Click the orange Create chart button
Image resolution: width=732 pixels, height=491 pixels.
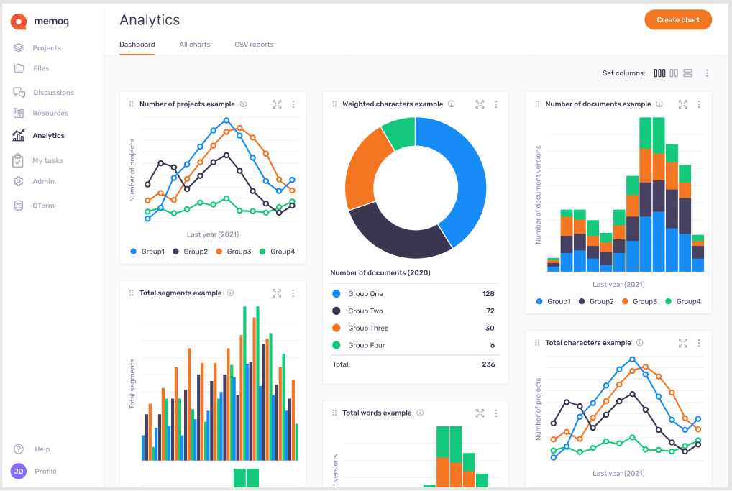click(677, 20)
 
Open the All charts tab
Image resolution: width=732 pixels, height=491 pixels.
click(195, 45)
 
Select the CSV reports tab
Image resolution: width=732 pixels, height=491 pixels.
click(254, 45)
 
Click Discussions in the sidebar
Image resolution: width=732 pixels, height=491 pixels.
click(52, 93)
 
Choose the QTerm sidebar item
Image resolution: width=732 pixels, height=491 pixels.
click(42, 206)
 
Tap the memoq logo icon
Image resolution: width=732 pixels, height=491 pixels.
click(19, 22)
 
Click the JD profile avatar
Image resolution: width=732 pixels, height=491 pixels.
click(19, 471)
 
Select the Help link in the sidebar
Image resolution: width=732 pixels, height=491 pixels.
click(42, 449)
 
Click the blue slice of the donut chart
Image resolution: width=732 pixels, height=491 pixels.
click(460, 180)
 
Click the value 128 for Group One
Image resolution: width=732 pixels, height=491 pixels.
click(488, 294)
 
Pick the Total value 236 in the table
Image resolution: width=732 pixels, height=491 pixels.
click(488, 364)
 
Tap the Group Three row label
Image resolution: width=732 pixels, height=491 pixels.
click(367, 329)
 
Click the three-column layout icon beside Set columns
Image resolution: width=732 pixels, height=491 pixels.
click(659, 73)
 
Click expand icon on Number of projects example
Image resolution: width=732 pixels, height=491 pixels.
click(277, 104)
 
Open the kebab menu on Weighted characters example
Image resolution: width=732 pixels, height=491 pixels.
click(496, 104)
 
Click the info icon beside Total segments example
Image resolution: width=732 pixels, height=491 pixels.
click(230, 293)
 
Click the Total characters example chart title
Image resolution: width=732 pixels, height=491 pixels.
click(587, 343)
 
